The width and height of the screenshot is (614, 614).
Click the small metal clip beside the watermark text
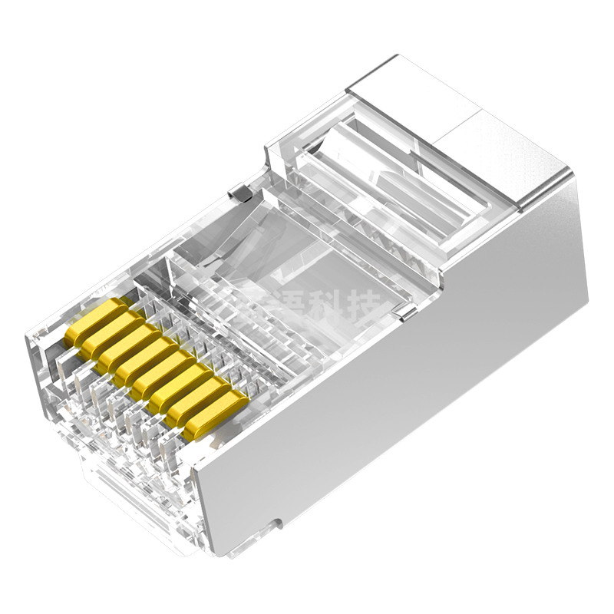click(x=406, y=311)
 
